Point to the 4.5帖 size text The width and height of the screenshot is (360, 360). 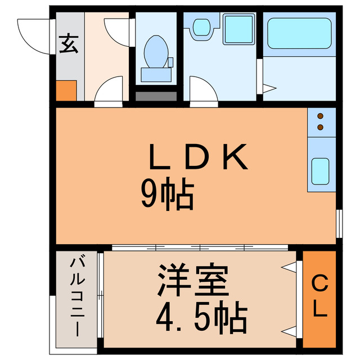coord(201,318)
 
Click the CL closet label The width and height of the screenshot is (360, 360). coord(319,298)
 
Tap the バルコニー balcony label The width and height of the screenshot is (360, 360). coord(77,295)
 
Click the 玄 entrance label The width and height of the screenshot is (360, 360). coord(69,43)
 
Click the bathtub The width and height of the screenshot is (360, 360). coord(299,33)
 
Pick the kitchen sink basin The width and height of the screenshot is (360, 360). coord(321,169)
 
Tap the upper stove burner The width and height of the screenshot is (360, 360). coord(320,117)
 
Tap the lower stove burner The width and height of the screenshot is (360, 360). coord(320,128)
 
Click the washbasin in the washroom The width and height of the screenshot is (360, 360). coord(201,28)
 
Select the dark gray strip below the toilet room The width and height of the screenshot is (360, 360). coord(156,96)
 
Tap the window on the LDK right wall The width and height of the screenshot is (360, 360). coord(339,224)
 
